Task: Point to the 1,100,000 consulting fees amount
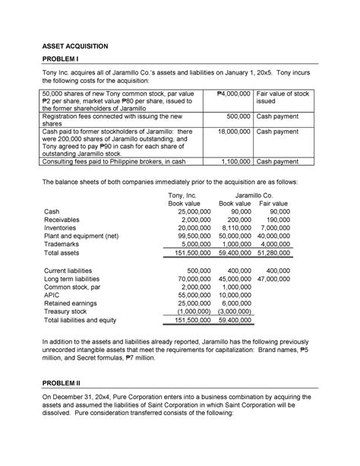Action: [x=232, y=161]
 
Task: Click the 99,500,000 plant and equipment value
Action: [x=185, y=236]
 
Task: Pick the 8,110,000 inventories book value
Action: [x=234, y=226]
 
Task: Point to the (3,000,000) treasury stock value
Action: [x=232, y=310]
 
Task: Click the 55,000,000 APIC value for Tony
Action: [x=185, y=292]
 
